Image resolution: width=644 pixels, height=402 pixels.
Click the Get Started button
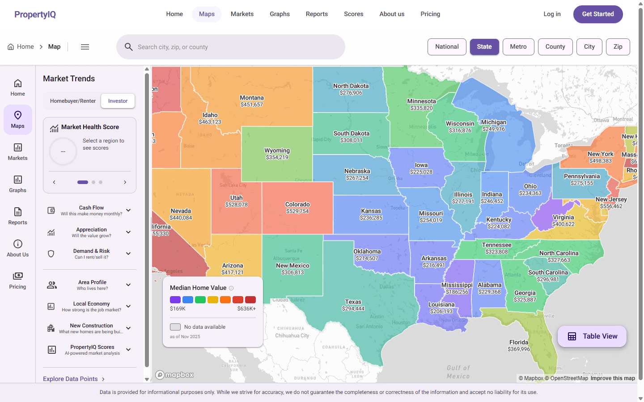pos(597,14)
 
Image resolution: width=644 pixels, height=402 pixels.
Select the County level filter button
pos(555,47)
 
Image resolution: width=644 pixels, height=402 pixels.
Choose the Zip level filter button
pos(618,47)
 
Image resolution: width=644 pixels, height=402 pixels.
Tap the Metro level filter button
pos(518,47)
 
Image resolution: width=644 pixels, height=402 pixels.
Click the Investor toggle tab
pos(118,101)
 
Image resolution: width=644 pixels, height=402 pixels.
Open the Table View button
pos(592,336)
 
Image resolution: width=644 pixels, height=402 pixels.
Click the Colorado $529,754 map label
pos(297,208)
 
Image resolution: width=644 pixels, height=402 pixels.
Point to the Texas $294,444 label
pos(353,305)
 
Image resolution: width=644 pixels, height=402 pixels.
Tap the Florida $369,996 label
pos(519,346)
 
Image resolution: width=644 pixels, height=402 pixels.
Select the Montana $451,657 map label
pos(252,101)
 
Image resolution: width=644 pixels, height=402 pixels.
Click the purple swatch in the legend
pos(175,300)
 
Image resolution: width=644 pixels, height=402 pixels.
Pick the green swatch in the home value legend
pos(200,300)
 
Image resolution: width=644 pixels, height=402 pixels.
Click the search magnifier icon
pos(129,47)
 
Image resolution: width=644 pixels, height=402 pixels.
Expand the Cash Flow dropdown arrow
pos(128,210)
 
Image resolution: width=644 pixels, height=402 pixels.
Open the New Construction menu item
pos(91,328)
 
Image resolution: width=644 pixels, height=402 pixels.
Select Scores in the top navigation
pos(353,14)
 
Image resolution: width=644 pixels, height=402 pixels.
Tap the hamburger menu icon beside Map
pos(85,47)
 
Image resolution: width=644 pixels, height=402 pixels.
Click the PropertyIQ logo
pos(35,14)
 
